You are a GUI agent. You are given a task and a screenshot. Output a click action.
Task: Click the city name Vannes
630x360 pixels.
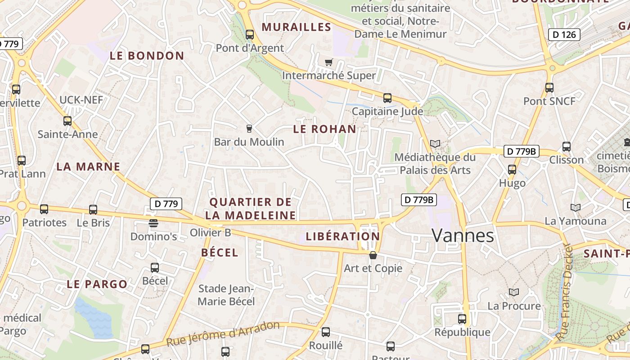463,235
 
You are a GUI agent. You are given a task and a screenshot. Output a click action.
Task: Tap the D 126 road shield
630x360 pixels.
564,35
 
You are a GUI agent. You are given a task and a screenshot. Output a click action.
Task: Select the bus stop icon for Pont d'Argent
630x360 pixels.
250,35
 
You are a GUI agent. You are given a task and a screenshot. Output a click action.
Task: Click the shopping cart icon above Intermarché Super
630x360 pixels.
329,62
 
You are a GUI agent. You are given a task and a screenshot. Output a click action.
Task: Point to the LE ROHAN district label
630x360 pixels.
324,129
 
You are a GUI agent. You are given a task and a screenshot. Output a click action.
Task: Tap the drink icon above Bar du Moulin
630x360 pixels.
249,129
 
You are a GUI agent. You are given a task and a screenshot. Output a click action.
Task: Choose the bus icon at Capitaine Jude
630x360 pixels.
387,98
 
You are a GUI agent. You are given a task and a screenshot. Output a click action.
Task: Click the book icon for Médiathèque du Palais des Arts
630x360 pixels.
435,144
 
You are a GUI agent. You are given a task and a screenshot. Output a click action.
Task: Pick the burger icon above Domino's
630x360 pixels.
153,223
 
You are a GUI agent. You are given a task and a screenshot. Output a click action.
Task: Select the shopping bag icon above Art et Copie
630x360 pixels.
373,255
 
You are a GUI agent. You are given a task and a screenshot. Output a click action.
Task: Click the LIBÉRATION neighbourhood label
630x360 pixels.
342,236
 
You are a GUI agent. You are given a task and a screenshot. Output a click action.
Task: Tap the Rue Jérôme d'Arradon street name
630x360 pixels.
223,333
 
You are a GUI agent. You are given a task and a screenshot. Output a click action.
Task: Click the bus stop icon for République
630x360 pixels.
462,319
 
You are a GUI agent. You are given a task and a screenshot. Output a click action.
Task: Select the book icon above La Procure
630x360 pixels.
514,292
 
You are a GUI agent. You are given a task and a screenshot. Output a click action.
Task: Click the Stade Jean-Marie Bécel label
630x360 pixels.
226,295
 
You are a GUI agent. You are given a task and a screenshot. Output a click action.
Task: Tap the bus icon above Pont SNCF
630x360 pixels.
549,88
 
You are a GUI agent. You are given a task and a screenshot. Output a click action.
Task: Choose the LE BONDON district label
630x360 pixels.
147,56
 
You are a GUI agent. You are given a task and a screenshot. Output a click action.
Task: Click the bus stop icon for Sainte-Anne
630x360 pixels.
67,121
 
